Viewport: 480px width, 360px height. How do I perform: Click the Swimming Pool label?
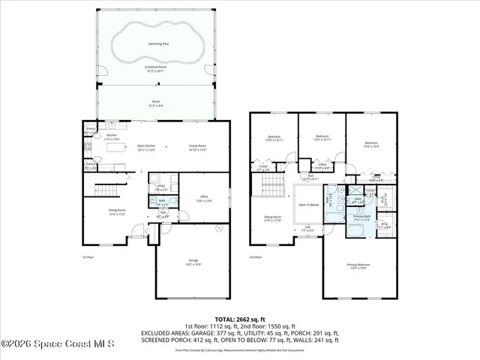tap(157, 43)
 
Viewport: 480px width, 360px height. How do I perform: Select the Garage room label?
tap(193, 261)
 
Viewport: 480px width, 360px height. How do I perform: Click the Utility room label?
tap(161, 187)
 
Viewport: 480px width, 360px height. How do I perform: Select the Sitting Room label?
tap(271, 218)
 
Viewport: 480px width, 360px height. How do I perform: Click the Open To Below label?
tap(308, 203)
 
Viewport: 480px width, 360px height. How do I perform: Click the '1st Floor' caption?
tap(88, 256)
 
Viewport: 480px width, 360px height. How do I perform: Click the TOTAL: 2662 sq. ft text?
tap(240, 318)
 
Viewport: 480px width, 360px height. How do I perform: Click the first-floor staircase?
tap(110, 186)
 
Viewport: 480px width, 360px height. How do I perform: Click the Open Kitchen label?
tap(145, 147)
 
